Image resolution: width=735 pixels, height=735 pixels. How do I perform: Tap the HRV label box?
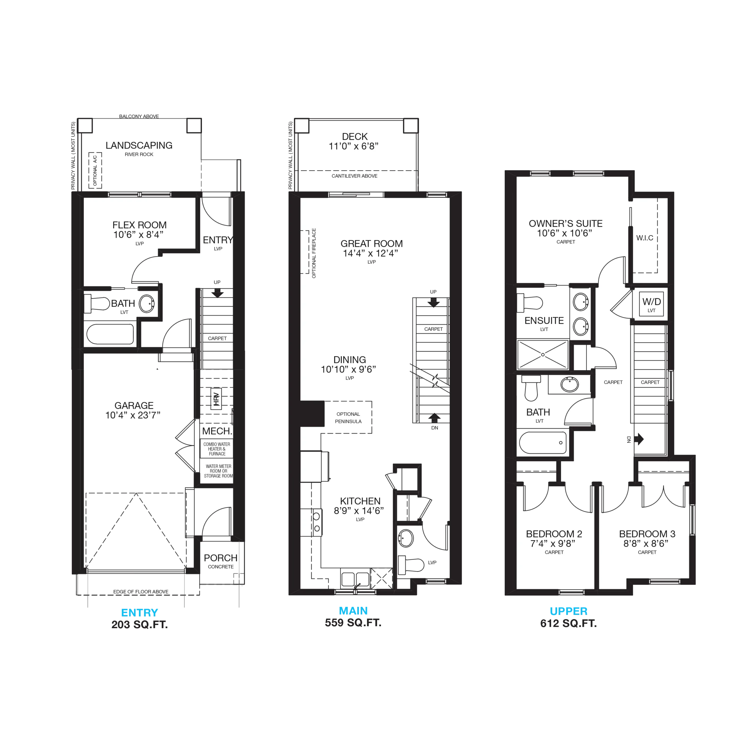tap(216, 399)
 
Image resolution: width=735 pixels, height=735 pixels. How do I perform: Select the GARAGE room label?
tap(134, 406)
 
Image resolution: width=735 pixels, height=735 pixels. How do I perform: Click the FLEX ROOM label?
tap(139, 225)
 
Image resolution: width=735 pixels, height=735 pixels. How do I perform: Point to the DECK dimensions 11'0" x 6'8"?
tap(353, 146)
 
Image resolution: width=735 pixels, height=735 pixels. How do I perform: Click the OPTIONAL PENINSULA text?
tap(348, 418)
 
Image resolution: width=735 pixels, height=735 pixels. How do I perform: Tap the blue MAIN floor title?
tap(353, 611)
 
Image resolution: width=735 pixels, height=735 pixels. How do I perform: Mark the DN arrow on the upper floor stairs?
tap(641, 439)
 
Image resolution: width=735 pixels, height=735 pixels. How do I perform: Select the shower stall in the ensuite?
tap(543, 355)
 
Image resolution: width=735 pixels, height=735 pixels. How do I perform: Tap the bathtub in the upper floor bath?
tap(543, 442)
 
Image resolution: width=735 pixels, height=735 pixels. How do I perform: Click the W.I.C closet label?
tap(645, 238)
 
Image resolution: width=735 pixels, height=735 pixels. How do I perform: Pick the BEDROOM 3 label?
tap(647, 534)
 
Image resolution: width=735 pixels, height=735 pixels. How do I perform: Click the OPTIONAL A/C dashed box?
tap(95, 171)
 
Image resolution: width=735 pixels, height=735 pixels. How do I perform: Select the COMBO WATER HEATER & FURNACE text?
tap(217, 449)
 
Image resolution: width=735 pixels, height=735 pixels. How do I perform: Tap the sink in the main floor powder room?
tap(406, 538)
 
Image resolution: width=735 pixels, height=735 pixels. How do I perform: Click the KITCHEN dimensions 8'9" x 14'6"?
tap(359, 510)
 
